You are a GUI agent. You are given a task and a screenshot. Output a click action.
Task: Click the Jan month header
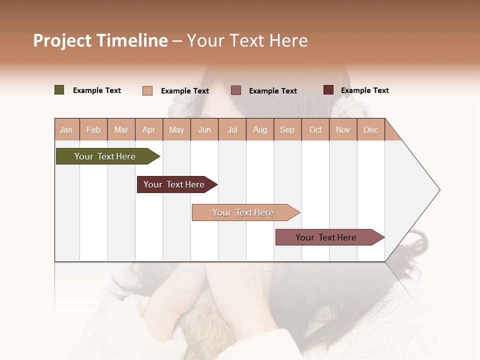[x=66, y=129]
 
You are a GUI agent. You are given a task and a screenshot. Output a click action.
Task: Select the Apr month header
[x=148, y=129]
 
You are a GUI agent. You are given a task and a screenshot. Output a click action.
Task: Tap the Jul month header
[x=232, y=129]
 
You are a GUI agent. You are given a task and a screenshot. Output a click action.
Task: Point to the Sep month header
[x=287, y=129]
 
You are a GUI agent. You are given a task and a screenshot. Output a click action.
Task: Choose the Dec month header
[x=370, y=129]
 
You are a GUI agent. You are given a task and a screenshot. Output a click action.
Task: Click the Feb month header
[x=93, y=129]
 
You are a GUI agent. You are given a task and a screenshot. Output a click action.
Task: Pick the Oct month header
[x=315, y=129]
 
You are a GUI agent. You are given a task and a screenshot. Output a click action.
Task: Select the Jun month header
[x=204, y=129]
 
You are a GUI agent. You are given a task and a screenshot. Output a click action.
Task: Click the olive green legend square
[x=59, y=90]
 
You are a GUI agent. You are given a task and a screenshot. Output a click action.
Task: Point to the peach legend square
[x=147, y=90]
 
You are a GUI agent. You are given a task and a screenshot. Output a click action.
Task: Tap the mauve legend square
[x=236, y=90]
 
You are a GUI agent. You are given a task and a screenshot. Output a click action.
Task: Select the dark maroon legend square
[x=328, y=90]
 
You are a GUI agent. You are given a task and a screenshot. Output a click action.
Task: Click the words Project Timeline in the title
[x=100, y=40]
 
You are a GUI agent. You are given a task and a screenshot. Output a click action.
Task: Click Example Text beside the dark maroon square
[x=364, y=90]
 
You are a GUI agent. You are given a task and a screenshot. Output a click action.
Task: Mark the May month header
[x=176, y=129]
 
